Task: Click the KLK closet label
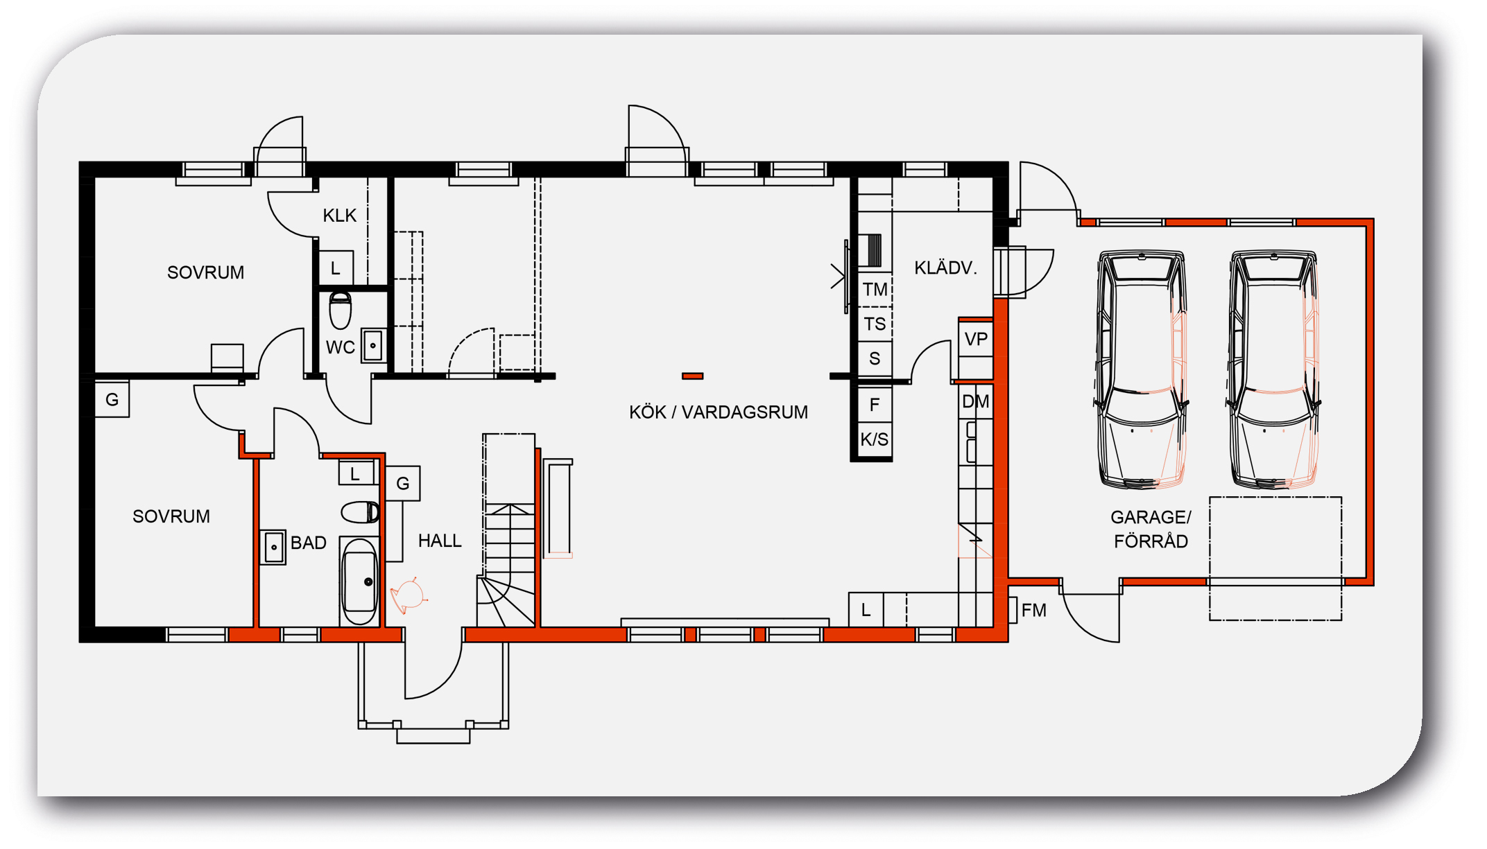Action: [340, 216]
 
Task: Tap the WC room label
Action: [341, 347]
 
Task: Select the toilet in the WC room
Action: [341, 310]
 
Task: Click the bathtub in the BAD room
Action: [360, 581]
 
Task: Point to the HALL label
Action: [440, 541]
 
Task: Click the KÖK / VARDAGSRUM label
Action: [719, 412]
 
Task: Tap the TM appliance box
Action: [875, 289]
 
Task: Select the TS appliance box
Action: [875, 324]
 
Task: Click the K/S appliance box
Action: [875, 439]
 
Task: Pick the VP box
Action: [976, 339]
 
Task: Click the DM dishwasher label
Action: [976, 401]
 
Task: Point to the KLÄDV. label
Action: [945, 268]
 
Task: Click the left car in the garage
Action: [1141, 370]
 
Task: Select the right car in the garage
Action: [1273, 370]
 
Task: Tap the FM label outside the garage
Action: [1033, 610]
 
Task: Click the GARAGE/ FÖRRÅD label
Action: [1151, 529]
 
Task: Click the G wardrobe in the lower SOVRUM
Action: [112, 399]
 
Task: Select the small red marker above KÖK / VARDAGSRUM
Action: [692, 376]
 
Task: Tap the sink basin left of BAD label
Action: [273, 548]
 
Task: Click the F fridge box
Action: [875, 404]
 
